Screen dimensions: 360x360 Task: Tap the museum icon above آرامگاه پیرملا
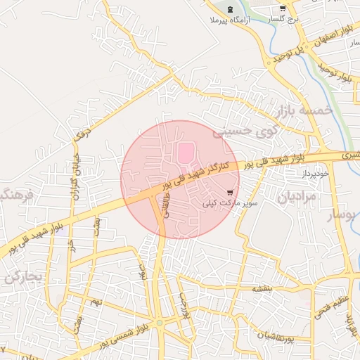(231, 9)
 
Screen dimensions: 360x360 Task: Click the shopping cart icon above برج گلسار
(282, 9)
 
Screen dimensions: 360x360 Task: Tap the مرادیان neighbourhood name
(297, 197)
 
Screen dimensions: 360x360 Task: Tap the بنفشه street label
(262, 288)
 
